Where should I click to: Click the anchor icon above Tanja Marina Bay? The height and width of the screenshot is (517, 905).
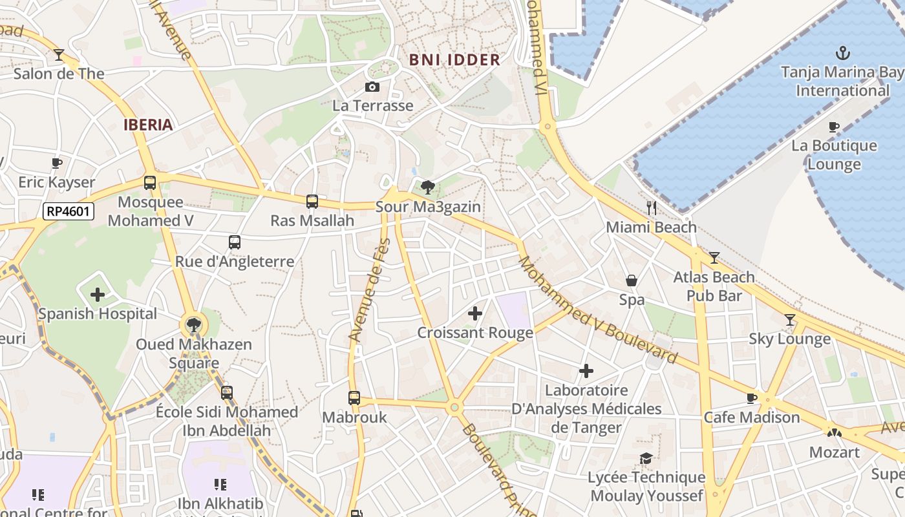[x=842, y=53]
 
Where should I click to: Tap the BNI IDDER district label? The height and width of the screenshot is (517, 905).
[x=455, y=60]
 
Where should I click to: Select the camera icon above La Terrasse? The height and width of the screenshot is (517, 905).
[x=372, y=87]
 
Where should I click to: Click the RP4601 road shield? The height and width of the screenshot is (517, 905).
[x=69, y=211]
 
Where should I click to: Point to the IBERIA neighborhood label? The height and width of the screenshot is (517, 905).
[x=148, y=125]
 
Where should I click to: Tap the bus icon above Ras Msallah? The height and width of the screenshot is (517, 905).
[x=312, y=202]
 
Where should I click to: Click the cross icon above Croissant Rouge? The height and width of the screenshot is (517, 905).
[x=475, y=313]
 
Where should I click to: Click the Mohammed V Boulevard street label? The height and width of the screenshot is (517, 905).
[x=598, y=311]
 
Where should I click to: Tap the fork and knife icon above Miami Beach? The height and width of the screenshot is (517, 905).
[x=652, y=208]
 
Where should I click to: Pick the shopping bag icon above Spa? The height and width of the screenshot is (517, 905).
[x=632, y=280]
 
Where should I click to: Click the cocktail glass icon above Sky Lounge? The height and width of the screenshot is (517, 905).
[x=789, y=320]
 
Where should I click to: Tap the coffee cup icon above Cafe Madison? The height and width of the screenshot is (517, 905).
[x=752, y=398]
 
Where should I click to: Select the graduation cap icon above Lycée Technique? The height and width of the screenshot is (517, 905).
[x=646, y=458]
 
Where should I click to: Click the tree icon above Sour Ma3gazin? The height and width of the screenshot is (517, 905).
[x=427, y=188]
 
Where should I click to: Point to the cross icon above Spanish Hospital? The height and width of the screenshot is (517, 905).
[x=98, y=295]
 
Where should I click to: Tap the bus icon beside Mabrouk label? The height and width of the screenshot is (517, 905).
[x=354, y=398]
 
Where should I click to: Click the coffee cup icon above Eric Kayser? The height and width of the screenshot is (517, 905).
[x=57, y=163]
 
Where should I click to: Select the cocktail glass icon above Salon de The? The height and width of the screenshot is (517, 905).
[x=59, y=55]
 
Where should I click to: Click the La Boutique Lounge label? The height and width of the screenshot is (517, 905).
[x=834, y=154]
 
